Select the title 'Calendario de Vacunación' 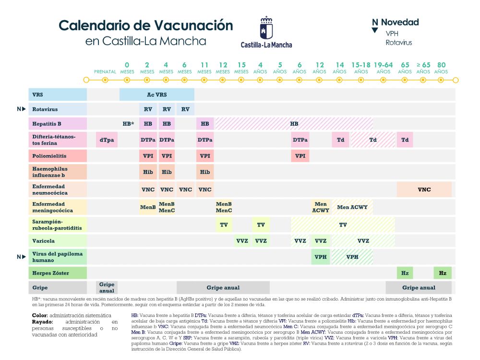[145, 25]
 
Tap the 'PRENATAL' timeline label [105, 72]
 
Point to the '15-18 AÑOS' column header [361, 68]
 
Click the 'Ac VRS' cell [157, 95]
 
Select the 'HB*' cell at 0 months [128, 124]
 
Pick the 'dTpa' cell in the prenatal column [107, 140]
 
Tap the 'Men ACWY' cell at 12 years [321, 207]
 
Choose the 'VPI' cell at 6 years [300, 156]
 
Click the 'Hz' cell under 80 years [443, 273]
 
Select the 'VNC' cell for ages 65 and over [424, 190]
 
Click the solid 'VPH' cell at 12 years [321, 257]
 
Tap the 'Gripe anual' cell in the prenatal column [107, 288]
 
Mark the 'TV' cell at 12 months [224, 225]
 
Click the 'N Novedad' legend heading [396, 22]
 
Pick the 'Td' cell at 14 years [340, 140]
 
